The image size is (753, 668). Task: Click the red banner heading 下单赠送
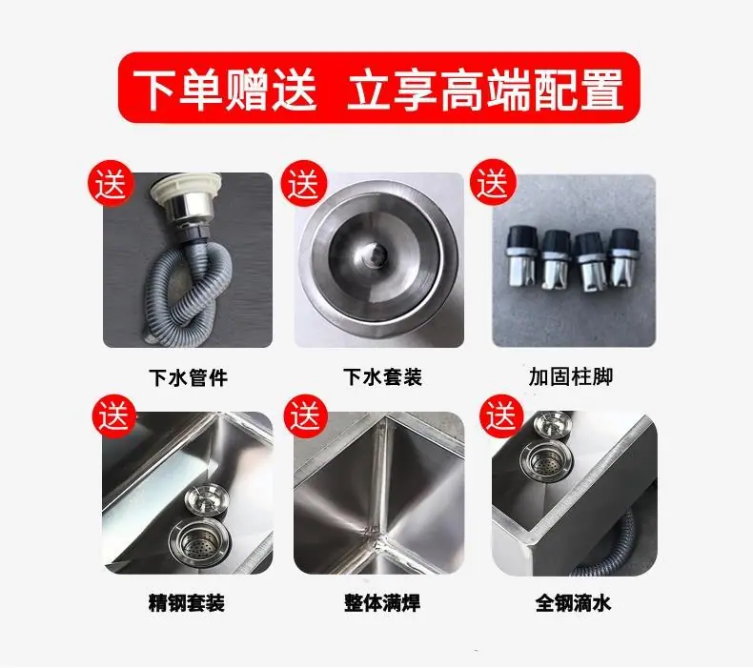coord(225,89)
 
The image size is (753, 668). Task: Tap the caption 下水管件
coord(189,377)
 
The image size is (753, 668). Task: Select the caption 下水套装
coord(382,377)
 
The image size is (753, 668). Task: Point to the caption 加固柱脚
coord(571,376)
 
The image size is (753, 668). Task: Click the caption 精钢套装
coord(186,602)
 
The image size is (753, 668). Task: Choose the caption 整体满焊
coord(382,602)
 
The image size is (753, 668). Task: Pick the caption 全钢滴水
coord(574,602)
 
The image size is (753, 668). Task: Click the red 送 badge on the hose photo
coord(110,184)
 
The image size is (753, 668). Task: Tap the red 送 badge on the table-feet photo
coord(493,183)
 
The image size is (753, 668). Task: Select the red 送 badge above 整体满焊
coord(305,415)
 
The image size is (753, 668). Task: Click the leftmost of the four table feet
coord(520,259)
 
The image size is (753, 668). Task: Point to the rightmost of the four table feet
coord(622,257)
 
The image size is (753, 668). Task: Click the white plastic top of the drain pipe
coord(186,188)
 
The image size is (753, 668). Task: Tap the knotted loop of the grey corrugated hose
coord(189,288)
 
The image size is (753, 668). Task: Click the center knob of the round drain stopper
coord(375,253)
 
